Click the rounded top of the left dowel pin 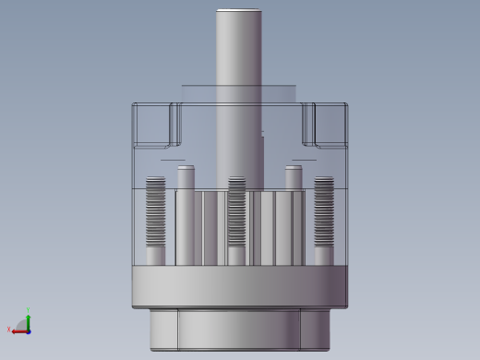pyautogui.click(x=186, y=169)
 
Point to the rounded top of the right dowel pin pyautogui.click(x=294, y=169)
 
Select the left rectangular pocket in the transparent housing pyautogui.click(x=154, y=125)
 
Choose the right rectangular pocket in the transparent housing pyautogui.click(x=325, y=125)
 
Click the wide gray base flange pyautogui.click(x=240, y=287)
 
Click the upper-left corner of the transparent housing pyautogui.click(x=135, y=105)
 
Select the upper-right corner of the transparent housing pyautogui.click(x=345, y=105)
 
